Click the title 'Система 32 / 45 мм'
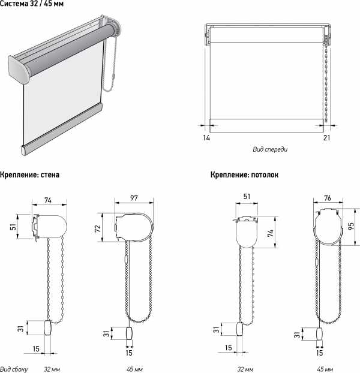(x=32, y=4)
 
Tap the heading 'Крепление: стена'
(x=29, y=175)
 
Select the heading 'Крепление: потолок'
(x=244, y=175)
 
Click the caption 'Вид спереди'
(x=270, y=149)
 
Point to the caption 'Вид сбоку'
(x=14, y=369)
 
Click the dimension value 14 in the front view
(x=206, y=138)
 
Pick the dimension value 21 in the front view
(x=327, y=138)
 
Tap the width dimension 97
(x=134, y=198)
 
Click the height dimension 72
(x=98, y=228)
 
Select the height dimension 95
(x=351, y=226)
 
